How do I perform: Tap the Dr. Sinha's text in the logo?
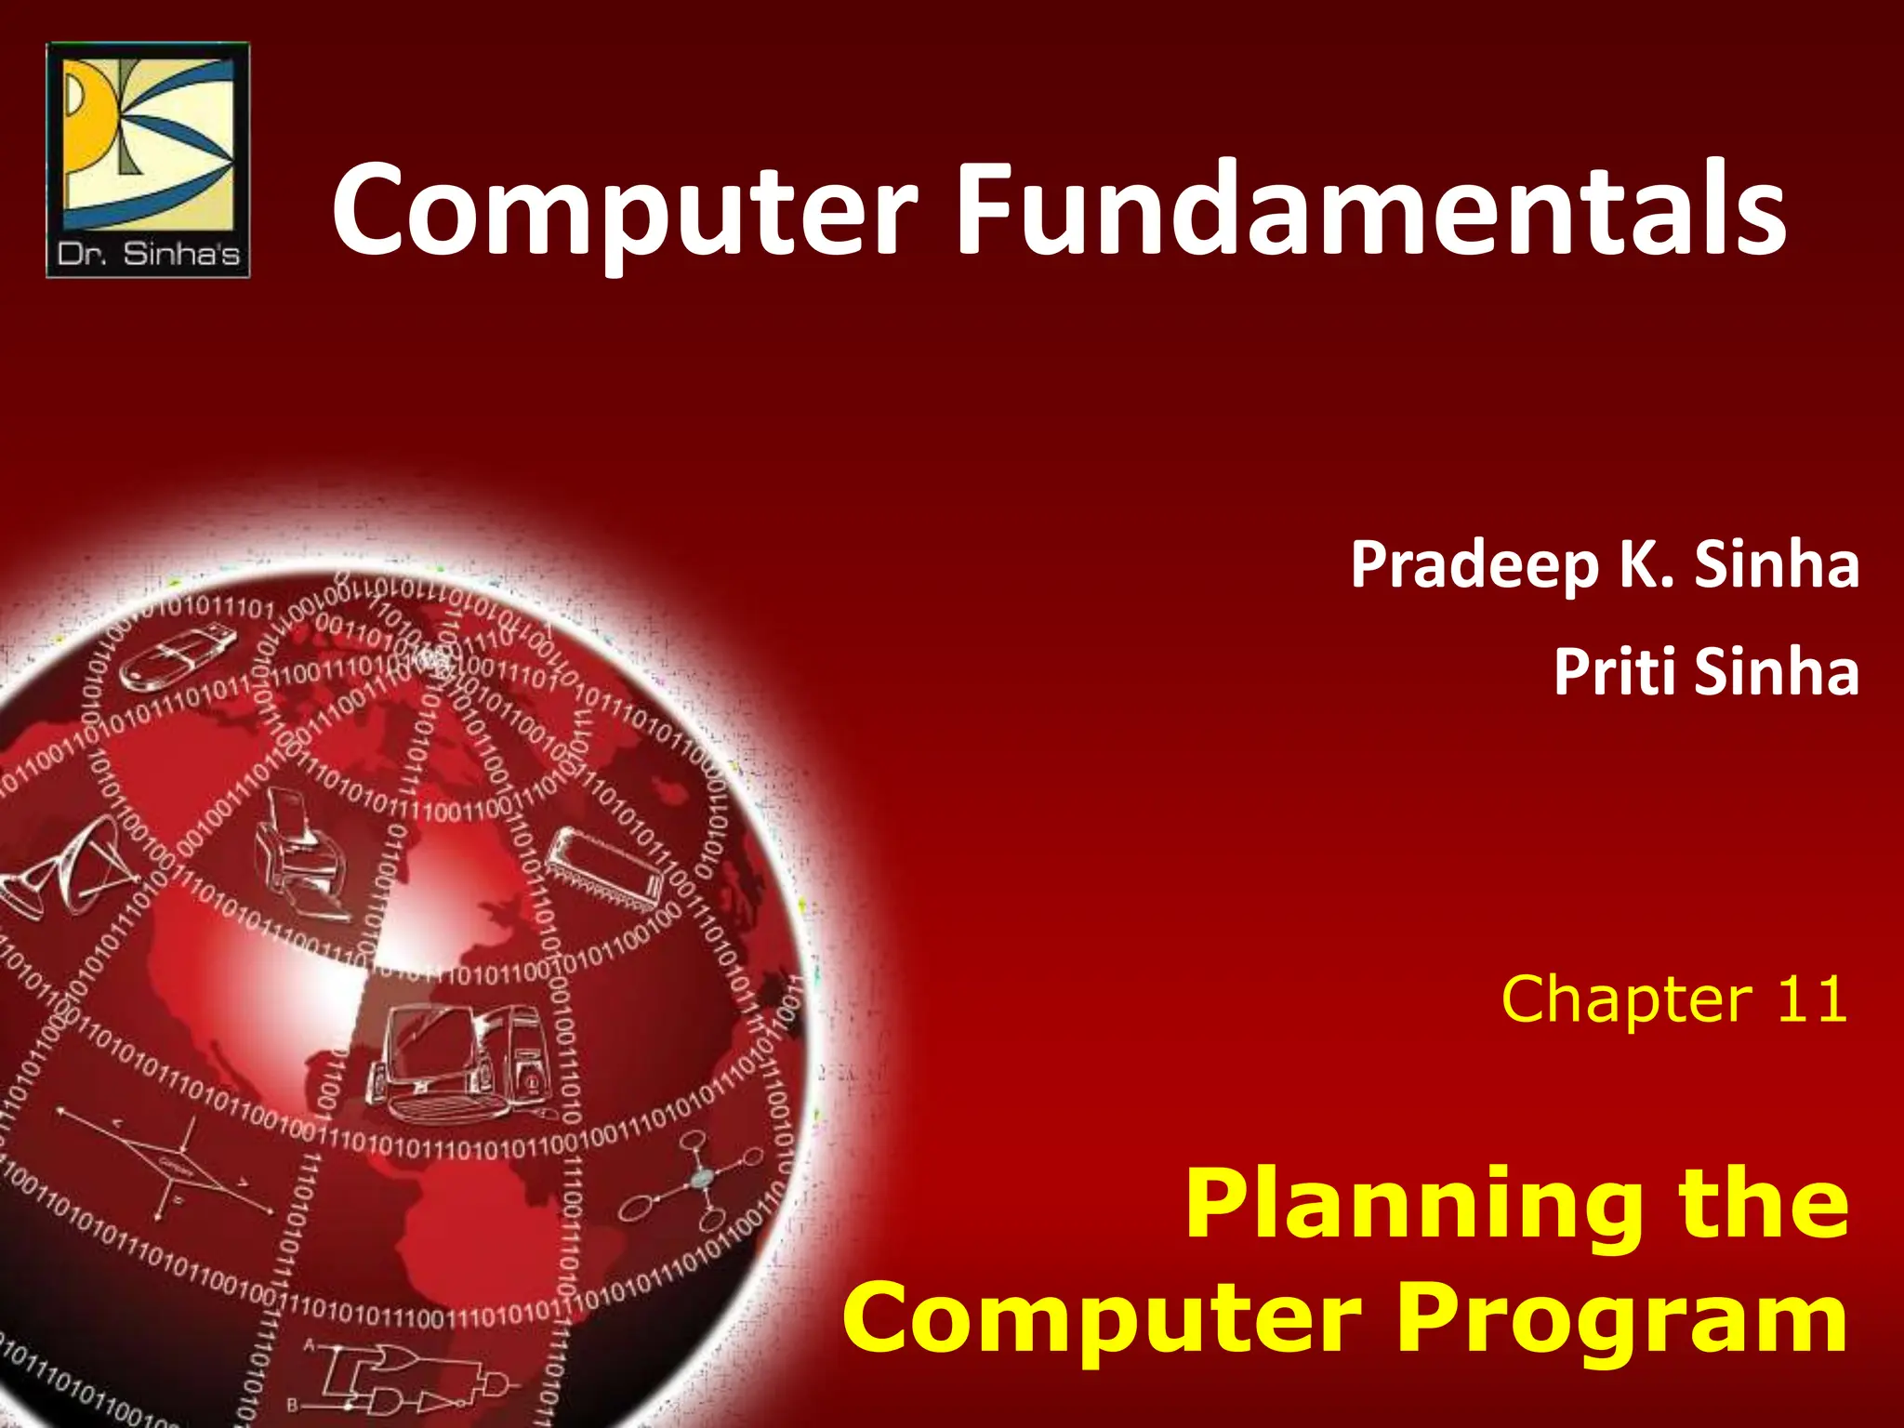pos(149,254)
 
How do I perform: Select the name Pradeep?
pos(1477,565)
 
